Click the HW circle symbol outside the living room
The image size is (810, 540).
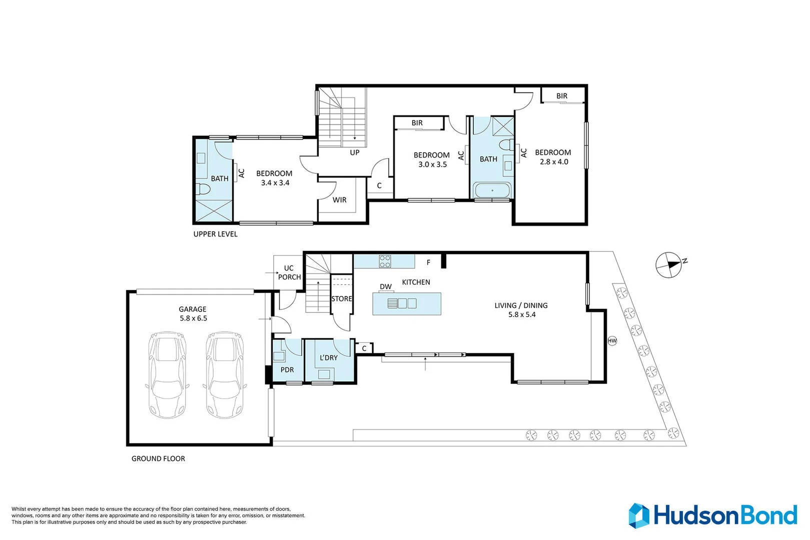pos(612,340)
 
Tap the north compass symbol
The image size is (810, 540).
pos(668,265)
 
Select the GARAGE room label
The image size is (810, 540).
pos(193,309)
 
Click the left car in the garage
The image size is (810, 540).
pos(168,375)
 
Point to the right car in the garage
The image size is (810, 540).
pos(225,375)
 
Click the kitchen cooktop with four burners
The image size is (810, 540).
pos(385,261)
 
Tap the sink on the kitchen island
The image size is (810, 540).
pos(402,303)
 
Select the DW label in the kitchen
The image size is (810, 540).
pos(386,286)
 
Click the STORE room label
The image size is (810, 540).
pos(342,298)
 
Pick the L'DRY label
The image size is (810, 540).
pos(329,357)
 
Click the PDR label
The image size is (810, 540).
pos(288,370)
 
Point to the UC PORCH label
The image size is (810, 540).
pos(289,272)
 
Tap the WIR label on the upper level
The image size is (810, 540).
pos(340,200)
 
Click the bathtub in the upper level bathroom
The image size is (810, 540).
pos(492,190)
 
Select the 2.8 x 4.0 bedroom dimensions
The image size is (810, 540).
pos(554,161)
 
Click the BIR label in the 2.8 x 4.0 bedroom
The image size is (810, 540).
pos(562,96)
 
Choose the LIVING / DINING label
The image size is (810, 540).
pos(521,305)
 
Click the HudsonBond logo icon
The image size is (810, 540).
pos(639,516)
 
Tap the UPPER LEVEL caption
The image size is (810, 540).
pos(216,234)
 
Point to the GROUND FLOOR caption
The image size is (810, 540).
pos(158,458)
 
